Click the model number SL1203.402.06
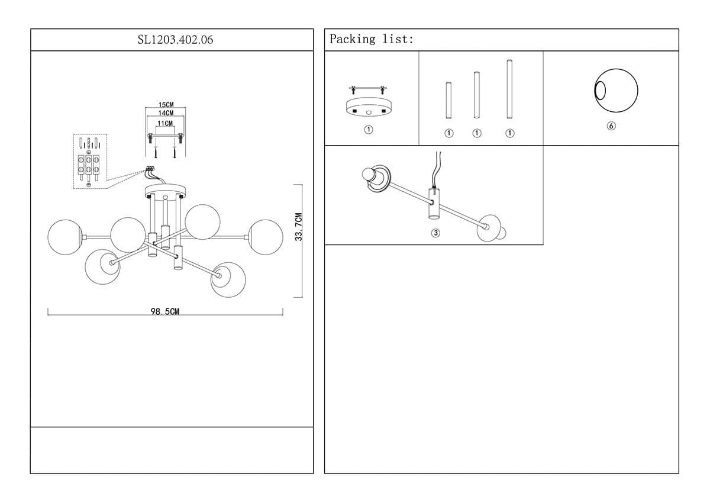click(175, 40)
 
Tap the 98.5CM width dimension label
click(165, 311)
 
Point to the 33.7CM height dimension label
click(299, 227)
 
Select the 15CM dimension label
click(166, 105)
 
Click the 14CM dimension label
click(166, 113)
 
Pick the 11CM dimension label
click(165, 123)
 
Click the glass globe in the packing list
click(616, 91)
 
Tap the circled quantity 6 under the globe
click(611, 126)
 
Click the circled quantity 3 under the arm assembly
click(435, 233)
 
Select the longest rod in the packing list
click(509, 89)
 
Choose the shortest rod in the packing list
click(448, 100)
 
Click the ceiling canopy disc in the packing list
click(368, 107)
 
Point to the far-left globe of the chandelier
click(65, 237)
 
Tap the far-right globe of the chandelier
click(266, 237)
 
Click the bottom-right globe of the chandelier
click(228, 279)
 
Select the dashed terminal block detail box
click(90, 162)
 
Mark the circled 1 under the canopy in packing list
click(368, 130)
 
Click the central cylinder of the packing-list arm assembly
click(433, 203)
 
